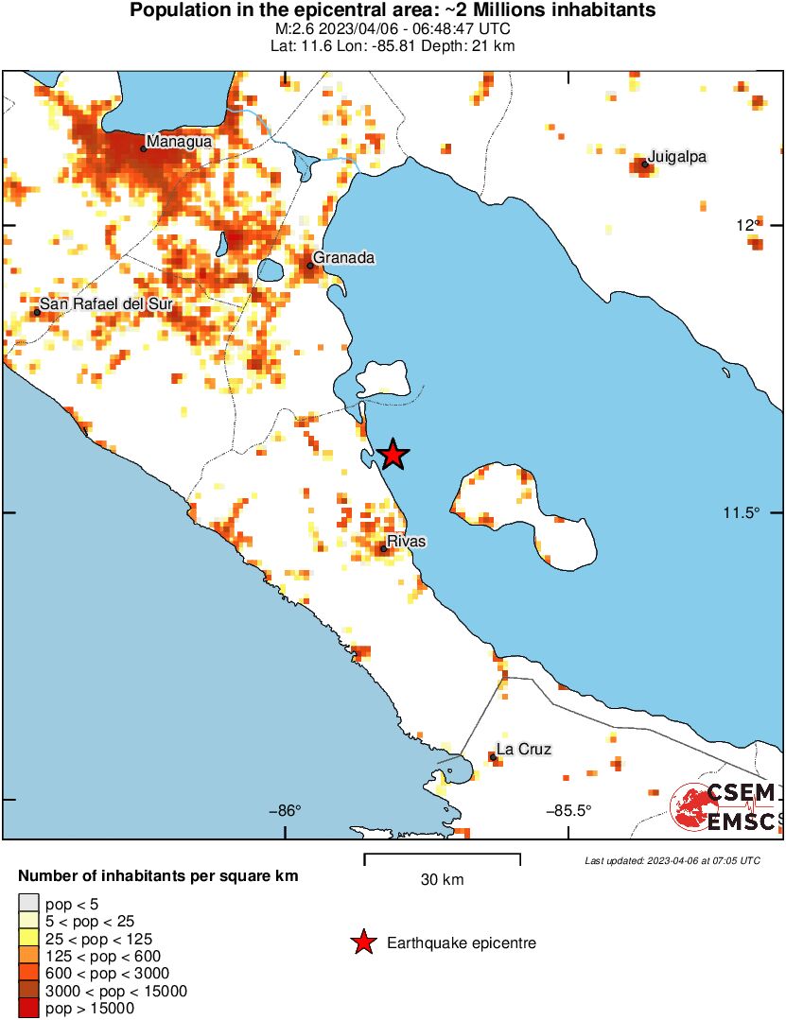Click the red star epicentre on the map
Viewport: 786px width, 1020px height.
(393, 455)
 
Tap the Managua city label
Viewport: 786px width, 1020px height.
(179, 141)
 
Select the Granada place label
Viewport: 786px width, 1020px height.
(344, 257)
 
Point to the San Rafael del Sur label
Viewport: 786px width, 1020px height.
(106, 304)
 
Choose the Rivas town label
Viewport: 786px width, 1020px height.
(407, 542)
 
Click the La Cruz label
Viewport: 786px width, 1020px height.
(524, 750)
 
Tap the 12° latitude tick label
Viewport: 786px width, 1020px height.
(748, 225)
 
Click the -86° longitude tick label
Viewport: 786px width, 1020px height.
(285, 810)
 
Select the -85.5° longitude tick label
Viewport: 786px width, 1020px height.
(568, 810)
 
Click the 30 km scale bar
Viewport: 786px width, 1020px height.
(442, 859)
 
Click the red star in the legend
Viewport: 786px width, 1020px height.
(362, 942)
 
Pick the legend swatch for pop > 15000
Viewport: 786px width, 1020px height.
(29, 1009)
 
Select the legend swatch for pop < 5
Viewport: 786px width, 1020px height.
(29, 905)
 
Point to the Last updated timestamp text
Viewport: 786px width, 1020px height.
(672, 860)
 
